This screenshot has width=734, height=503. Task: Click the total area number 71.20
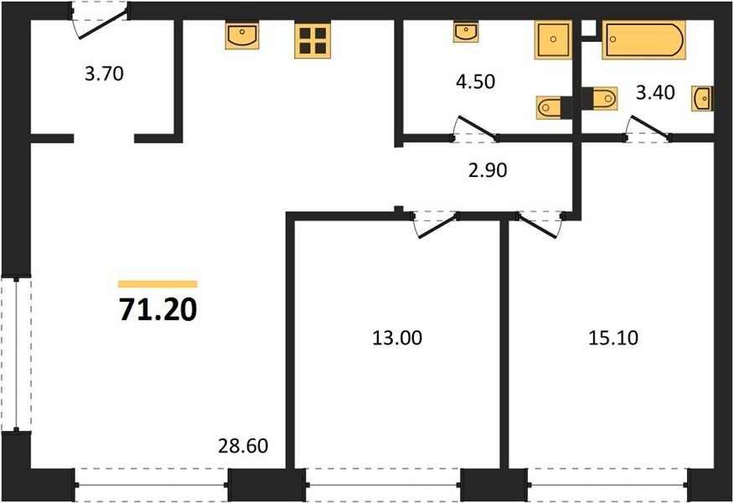pyautogui.click(x=158, y=309)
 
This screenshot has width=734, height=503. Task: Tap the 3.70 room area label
pyautogui.click(x=104, y=74)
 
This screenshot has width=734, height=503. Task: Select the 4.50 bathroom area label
pyautogui.click(x=475, y=81)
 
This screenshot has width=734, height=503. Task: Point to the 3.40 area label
pyautogui.click(x=655, y=92)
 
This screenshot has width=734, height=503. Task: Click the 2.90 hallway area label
pyautogui.click(x=488, y=170)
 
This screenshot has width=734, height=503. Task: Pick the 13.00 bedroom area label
pyautogui.click(x=397, y=338)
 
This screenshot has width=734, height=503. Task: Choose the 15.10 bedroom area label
pyautogui.click(x=613, y=338)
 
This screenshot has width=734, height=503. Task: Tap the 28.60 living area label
pyautogui.click(x=243, y=445)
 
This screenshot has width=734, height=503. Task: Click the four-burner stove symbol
pyautogui.click(x=313, y=41)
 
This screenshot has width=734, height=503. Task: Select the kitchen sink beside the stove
pyautogui.click(x=242, y=35)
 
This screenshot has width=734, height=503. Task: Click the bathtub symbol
pyautogui.click(x=644, y=39)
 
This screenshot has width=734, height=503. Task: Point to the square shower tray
pyautogui.click(x=553, y=39)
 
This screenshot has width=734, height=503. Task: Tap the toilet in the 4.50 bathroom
pyautogui.click(x=550, y=107)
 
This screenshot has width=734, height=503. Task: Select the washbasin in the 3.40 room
pyautogui.click(x=701, y=98)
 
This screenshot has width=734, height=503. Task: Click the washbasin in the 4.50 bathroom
pyautogui.click(x=465, y=32)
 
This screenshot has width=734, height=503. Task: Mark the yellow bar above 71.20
pyautogui.click(x=158, y=284)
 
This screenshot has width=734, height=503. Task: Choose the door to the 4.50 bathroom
pyautogui.click(x=476, y=127)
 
